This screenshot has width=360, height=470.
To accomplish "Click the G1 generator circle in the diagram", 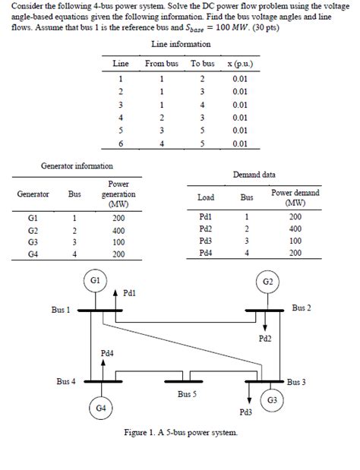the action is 93,281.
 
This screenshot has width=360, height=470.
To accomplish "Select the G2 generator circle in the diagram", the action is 267,282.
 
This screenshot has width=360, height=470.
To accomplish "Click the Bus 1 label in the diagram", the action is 61,310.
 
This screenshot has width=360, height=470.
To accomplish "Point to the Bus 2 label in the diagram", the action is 302,308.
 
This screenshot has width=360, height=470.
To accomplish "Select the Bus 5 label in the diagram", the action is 188,394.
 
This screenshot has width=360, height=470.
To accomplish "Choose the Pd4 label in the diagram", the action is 107,353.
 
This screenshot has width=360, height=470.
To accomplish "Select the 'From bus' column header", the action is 161,64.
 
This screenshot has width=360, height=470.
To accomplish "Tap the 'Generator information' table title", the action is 77,165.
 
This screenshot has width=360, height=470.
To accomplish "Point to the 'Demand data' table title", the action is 254,175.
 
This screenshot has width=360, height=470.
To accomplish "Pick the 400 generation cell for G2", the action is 118,229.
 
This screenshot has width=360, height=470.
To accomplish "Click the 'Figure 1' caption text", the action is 180,432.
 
